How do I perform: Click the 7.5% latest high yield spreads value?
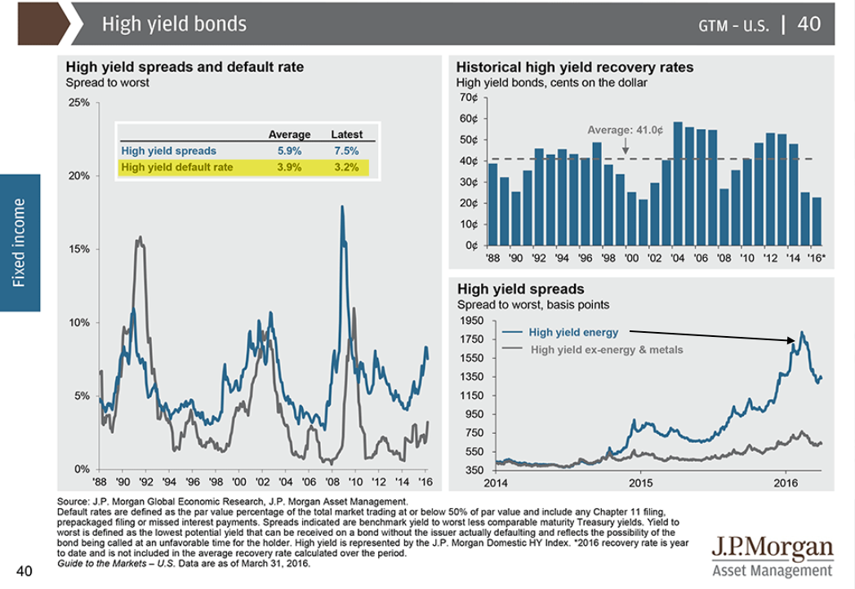tap(346, 151)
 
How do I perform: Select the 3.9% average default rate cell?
tap(289, 167)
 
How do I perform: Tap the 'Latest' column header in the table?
tap(346, 135)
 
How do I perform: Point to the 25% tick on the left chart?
tap(79, 103)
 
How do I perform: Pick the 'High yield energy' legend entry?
tap(573, 332)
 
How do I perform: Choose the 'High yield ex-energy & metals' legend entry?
tap(607, 350)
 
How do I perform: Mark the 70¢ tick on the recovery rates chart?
tap(468, 97)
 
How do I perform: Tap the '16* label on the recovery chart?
tap(816, 259)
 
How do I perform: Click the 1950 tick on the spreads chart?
tap(471, 321)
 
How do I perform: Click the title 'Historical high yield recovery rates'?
tap(575, 68)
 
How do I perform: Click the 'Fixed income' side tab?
tap(19, 242)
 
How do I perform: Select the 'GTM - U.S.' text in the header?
tap(733, 25)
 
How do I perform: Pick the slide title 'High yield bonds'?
tap(174, 24)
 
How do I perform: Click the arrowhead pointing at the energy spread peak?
tap(794, 340)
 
